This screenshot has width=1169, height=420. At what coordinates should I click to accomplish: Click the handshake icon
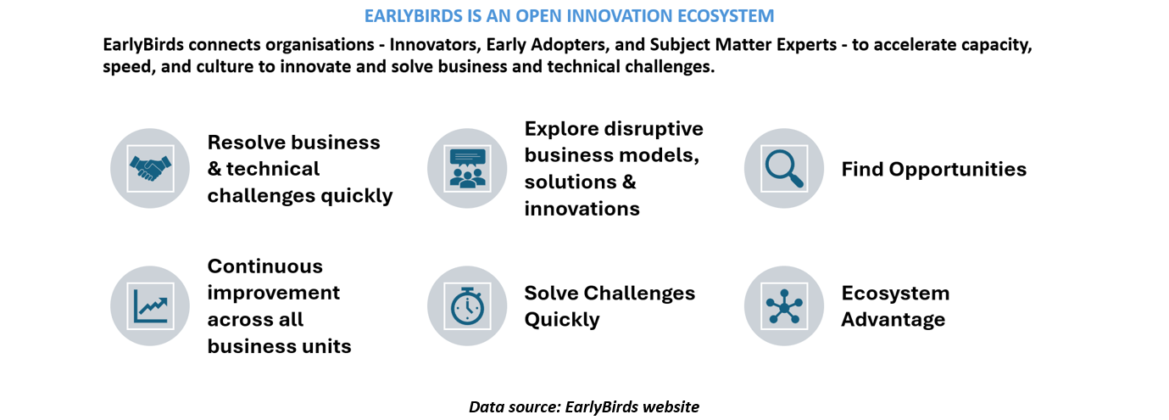(150, 168)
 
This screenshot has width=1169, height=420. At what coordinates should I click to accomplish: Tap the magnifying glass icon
(784, 168)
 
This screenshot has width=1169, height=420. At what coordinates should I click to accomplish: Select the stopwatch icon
(467, 306)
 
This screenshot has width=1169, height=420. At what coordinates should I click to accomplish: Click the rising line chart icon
(150, 306)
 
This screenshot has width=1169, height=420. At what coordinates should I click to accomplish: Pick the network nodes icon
(784, 306)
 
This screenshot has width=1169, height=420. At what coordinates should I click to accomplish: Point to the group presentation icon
(467, 168)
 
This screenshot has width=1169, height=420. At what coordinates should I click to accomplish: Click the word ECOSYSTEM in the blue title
(726, 16)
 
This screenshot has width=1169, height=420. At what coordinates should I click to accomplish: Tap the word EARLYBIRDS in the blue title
(414, 16)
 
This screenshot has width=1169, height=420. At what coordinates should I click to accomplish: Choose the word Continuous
(265, 266)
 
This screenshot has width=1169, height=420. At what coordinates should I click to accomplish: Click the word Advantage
(893, 320)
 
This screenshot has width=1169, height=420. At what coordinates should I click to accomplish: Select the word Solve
(550, 293)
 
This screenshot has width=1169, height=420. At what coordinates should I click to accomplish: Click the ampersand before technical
(214, 169)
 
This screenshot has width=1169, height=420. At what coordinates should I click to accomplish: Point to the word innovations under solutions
(582, 209)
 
